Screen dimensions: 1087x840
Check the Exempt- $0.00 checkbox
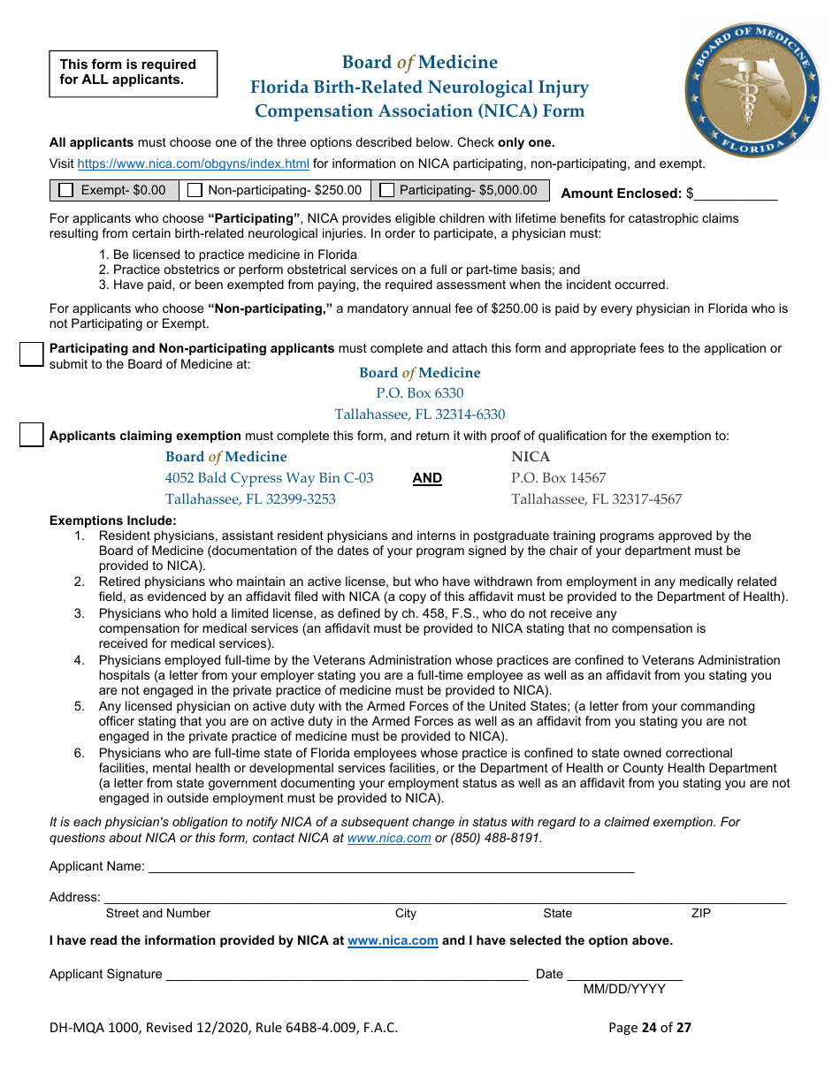click(66, 190)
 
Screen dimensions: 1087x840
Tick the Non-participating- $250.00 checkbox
click(195, 190)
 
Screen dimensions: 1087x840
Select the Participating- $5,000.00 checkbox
click(387, 190)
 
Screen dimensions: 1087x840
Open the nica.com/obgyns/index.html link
click(194, 163)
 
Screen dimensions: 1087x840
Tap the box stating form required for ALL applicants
click(133, 73)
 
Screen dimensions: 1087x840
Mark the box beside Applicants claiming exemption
click(32, 435)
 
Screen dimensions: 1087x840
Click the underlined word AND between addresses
click(427, 478)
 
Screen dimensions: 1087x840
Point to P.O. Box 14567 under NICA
click(559, 478)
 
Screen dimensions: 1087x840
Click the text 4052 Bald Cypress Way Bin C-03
click(269, 478)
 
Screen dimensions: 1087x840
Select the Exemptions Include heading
click(112, 521)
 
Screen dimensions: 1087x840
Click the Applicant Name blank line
click(390, 868)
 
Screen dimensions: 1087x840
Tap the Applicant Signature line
click(347, 976)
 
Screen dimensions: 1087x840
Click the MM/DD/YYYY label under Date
click(624, 989)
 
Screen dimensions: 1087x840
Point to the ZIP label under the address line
click(701, 913)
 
